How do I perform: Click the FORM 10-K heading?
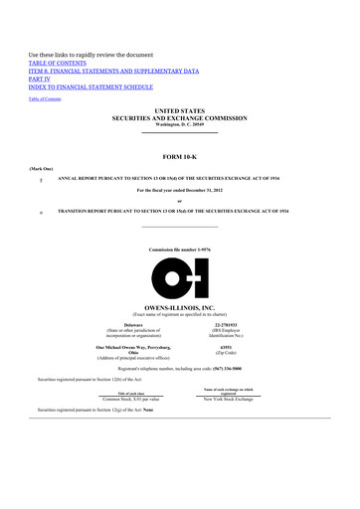[180, 157]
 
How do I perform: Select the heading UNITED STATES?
[180, 116]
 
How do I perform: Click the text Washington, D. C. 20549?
[180, 131]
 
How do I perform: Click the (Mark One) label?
[40, 170]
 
